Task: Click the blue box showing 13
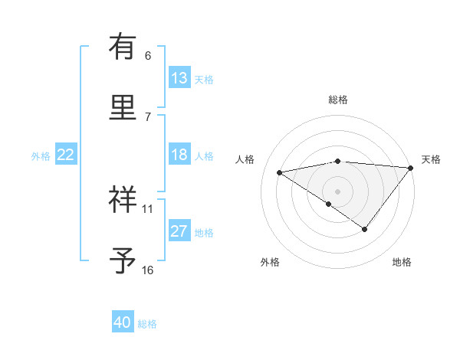[179, 78]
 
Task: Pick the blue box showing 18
[179, 155]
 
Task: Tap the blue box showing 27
[179, 231]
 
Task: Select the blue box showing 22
[66, 155]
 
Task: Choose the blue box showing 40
[123, 322]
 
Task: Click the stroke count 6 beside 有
[148, 55]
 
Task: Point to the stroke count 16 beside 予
[148, 270]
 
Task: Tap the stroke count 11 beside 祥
[148, 208]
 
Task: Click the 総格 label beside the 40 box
[147, 324]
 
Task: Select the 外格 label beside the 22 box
[41, 156]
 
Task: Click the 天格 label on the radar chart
[431, 159]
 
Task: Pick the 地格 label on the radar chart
[402, 263]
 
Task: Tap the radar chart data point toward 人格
[280, 172]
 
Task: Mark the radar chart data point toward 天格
[412, 167]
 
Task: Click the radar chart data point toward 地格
[365, 228]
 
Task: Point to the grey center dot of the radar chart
[337, 191]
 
